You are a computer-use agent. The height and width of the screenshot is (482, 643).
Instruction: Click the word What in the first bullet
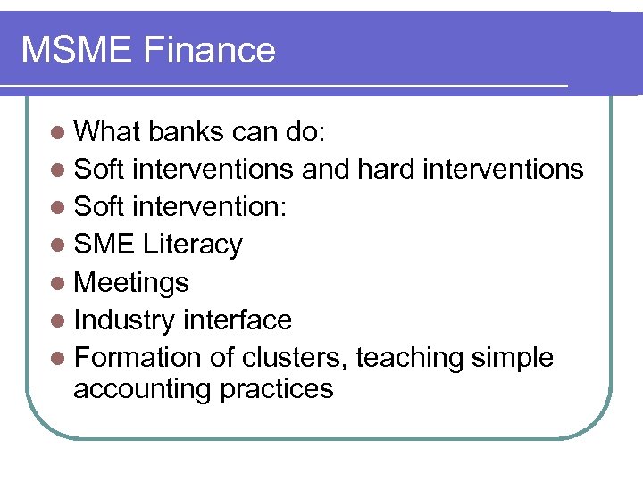(107, 132)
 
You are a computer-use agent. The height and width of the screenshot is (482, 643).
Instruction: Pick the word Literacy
(198, 245)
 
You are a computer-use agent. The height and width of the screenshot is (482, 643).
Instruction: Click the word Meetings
(131, 283)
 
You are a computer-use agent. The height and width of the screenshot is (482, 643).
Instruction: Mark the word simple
(514, 358)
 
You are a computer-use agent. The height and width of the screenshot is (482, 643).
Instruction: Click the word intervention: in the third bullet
(214, 207)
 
